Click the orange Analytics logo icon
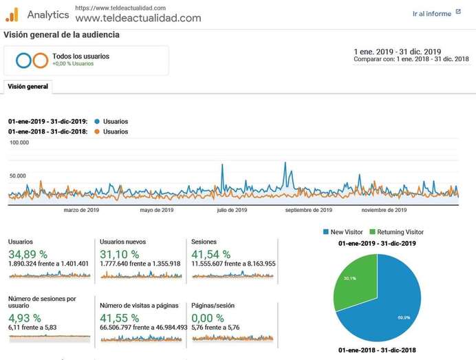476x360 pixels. (12, 14)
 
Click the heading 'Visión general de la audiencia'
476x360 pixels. (62, 34)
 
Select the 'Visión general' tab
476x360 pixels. (28, 87)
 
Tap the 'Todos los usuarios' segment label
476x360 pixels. (80, 56)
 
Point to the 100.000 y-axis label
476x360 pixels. (19, 143)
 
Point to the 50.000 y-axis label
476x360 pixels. (17, 176)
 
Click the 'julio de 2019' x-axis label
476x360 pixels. (232, 210)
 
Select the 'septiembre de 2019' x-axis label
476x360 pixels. (309, 210)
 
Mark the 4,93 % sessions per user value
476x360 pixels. (24, 318)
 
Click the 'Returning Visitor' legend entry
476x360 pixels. (400, 233)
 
